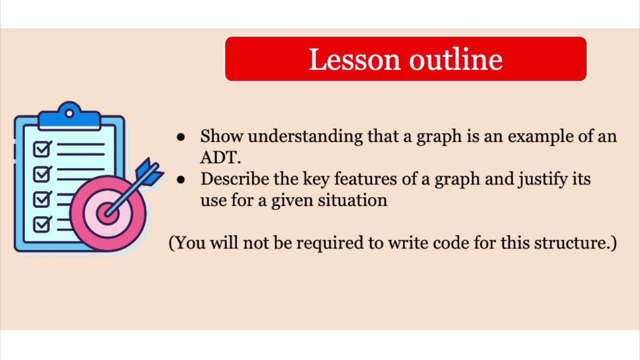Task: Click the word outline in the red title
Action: (455, 59)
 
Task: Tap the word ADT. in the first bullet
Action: (220, 157)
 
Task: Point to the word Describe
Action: (234, 179)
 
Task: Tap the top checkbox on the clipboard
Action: (42, 149)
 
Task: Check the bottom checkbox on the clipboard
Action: (42, 223)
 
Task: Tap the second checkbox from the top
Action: (42, 173)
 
